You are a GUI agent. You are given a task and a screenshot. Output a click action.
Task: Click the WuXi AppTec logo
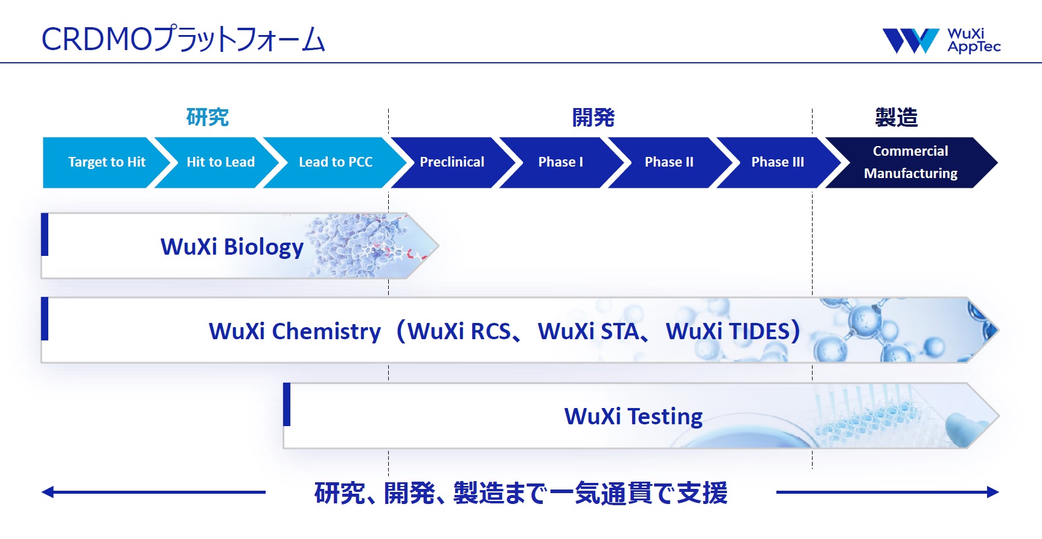[941, 40]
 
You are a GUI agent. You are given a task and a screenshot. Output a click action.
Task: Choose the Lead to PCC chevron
[332, 162]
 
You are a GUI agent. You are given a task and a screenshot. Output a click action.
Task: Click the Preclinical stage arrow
[450, 162]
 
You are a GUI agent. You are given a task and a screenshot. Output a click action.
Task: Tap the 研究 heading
[208, 117]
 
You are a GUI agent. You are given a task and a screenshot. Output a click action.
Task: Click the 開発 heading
[593, 117]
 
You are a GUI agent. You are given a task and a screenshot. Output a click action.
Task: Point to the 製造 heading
[897, 117]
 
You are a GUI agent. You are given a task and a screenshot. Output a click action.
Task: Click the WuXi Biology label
[232, 247]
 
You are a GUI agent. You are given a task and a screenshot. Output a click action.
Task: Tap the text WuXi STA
[588, 331]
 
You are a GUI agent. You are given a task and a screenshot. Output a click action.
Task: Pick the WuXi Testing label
[633, 416]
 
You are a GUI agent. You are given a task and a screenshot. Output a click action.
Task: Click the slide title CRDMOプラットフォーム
[183, 39]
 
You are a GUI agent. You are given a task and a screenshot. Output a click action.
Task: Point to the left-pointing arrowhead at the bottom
[48, 493]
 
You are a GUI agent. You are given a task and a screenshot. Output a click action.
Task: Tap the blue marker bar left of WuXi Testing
[287, 404]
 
